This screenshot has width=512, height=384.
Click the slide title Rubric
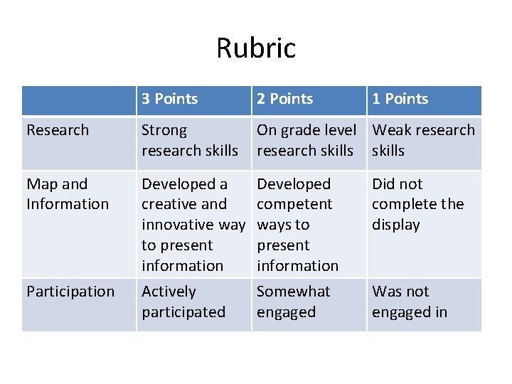pyautogui.click(x=256, y=48)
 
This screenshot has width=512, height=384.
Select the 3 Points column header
pyautogui.click(x=169, y=99)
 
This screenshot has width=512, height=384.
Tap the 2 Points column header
pyautogui.click(x=284, y=99)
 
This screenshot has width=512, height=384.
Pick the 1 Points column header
pyautogui.click(x=400, y=99)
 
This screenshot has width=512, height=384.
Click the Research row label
pyautogui.click(x=58, y=130)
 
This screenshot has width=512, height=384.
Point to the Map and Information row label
pyautogui.click(x=68, y=194)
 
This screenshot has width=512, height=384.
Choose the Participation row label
pyautogui.click(x=70, y=292)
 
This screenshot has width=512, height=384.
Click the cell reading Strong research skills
pyautogui.click(x=190, y=140)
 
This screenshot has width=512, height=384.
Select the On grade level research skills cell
pyautogui.click(x=306, y=140)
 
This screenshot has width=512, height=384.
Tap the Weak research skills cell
pyautogui.click(x=423, y=140)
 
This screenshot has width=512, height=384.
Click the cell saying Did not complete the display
pyautogui.click(x=417, y=204)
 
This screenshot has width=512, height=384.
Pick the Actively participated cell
pyautogui.click(x=183, y=302)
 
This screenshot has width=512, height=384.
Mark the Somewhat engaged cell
pyautogui.click(x=293, y=302)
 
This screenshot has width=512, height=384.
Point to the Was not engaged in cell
pyautogui.click(x=410, y=302)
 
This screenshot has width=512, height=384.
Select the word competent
pyautogui.click(x=294, y=204)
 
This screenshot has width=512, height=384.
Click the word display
pyautogui.click(x=396, y=225)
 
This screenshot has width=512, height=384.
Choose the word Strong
pyautogui.click(x=164, y=130)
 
